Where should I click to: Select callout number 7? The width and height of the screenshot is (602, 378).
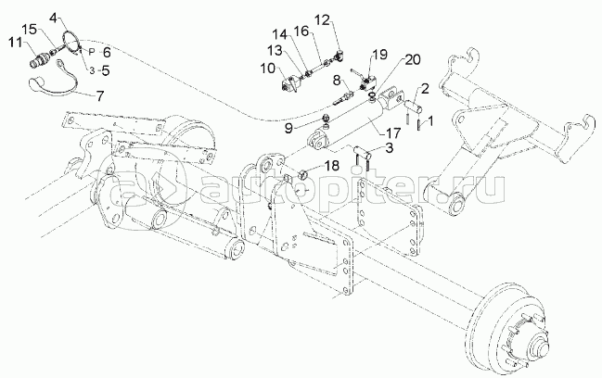coord(100,96)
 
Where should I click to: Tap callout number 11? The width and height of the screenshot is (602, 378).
coord(16,43)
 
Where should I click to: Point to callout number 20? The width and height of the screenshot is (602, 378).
coord(413,60)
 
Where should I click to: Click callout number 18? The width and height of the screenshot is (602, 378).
coord(331,166)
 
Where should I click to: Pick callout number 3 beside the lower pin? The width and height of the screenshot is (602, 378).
coord(390,148)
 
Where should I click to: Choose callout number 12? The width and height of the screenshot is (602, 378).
coord(323,20)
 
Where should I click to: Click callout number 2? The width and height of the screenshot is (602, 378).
coord(425,89)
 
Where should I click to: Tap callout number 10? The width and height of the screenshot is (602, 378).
coord(268,69)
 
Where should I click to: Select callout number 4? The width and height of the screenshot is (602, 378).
coord(56,17)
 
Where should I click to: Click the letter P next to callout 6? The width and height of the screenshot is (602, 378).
coord(92,52)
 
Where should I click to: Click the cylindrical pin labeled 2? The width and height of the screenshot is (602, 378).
coord(415,106)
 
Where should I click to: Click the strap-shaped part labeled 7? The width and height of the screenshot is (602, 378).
coord(54,82)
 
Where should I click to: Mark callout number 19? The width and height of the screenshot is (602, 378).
coord(380,55)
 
